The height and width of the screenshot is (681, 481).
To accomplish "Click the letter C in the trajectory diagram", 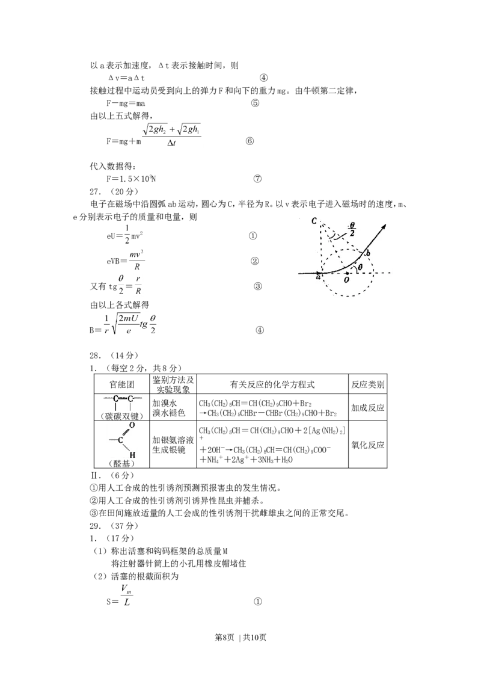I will (314, 221).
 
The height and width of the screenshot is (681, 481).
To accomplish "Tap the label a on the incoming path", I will (318, 277).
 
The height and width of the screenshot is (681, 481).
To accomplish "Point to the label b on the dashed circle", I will (367, 253).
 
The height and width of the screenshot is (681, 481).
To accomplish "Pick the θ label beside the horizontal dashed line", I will (360, 267).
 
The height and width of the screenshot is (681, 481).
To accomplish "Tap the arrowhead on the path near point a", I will (317, 273).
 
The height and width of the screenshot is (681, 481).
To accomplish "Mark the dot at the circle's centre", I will (348, 273).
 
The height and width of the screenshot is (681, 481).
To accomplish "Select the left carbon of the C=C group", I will (115, 398).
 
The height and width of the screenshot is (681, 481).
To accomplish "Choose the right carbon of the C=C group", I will (130, 398).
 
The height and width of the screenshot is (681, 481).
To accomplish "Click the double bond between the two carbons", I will (123, 398).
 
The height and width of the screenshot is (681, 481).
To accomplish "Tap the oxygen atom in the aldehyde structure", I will (132, 426).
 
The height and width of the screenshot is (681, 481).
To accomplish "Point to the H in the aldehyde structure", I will (132, 455).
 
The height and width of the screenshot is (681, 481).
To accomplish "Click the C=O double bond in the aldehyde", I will (126, 433).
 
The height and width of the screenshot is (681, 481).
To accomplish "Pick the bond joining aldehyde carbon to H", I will (126, 448).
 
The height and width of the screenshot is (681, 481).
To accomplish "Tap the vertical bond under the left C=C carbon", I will (115, 407).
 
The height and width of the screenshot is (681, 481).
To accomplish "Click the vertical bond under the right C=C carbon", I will (130, 407).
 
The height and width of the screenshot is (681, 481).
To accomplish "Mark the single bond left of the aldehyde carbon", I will (112, 440).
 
